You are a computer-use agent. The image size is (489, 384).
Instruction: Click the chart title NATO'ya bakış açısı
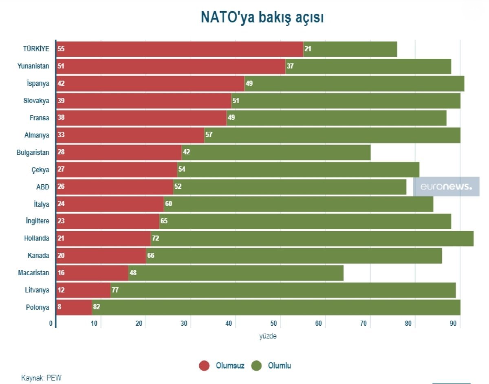point(262,18)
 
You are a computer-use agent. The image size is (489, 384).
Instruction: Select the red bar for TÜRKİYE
point(179,49)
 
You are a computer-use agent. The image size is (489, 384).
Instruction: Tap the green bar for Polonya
point(276,307)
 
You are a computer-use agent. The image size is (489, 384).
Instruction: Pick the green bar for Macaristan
point(236,273)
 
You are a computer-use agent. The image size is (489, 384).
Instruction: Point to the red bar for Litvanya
point(83,290)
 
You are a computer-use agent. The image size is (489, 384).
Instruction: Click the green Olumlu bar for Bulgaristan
point(276,152)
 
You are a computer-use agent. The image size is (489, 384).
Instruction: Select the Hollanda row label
point(36,238)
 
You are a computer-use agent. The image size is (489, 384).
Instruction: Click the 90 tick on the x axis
point(452,324)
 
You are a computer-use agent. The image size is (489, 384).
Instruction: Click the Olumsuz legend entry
point(230,366)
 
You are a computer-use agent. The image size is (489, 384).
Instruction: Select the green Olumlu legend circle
point(256,366)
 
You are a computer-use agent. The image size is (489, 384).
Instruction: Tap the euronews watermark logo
point(446,187)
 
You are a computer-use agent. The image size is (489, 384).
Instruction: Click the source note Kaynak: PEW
point(41,378)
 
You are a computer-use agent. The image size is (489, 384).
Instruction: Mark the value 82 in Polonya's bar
point(97,307)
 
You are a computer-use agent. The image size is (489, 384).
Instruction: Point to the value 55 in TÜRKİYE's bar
point(61,49)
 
